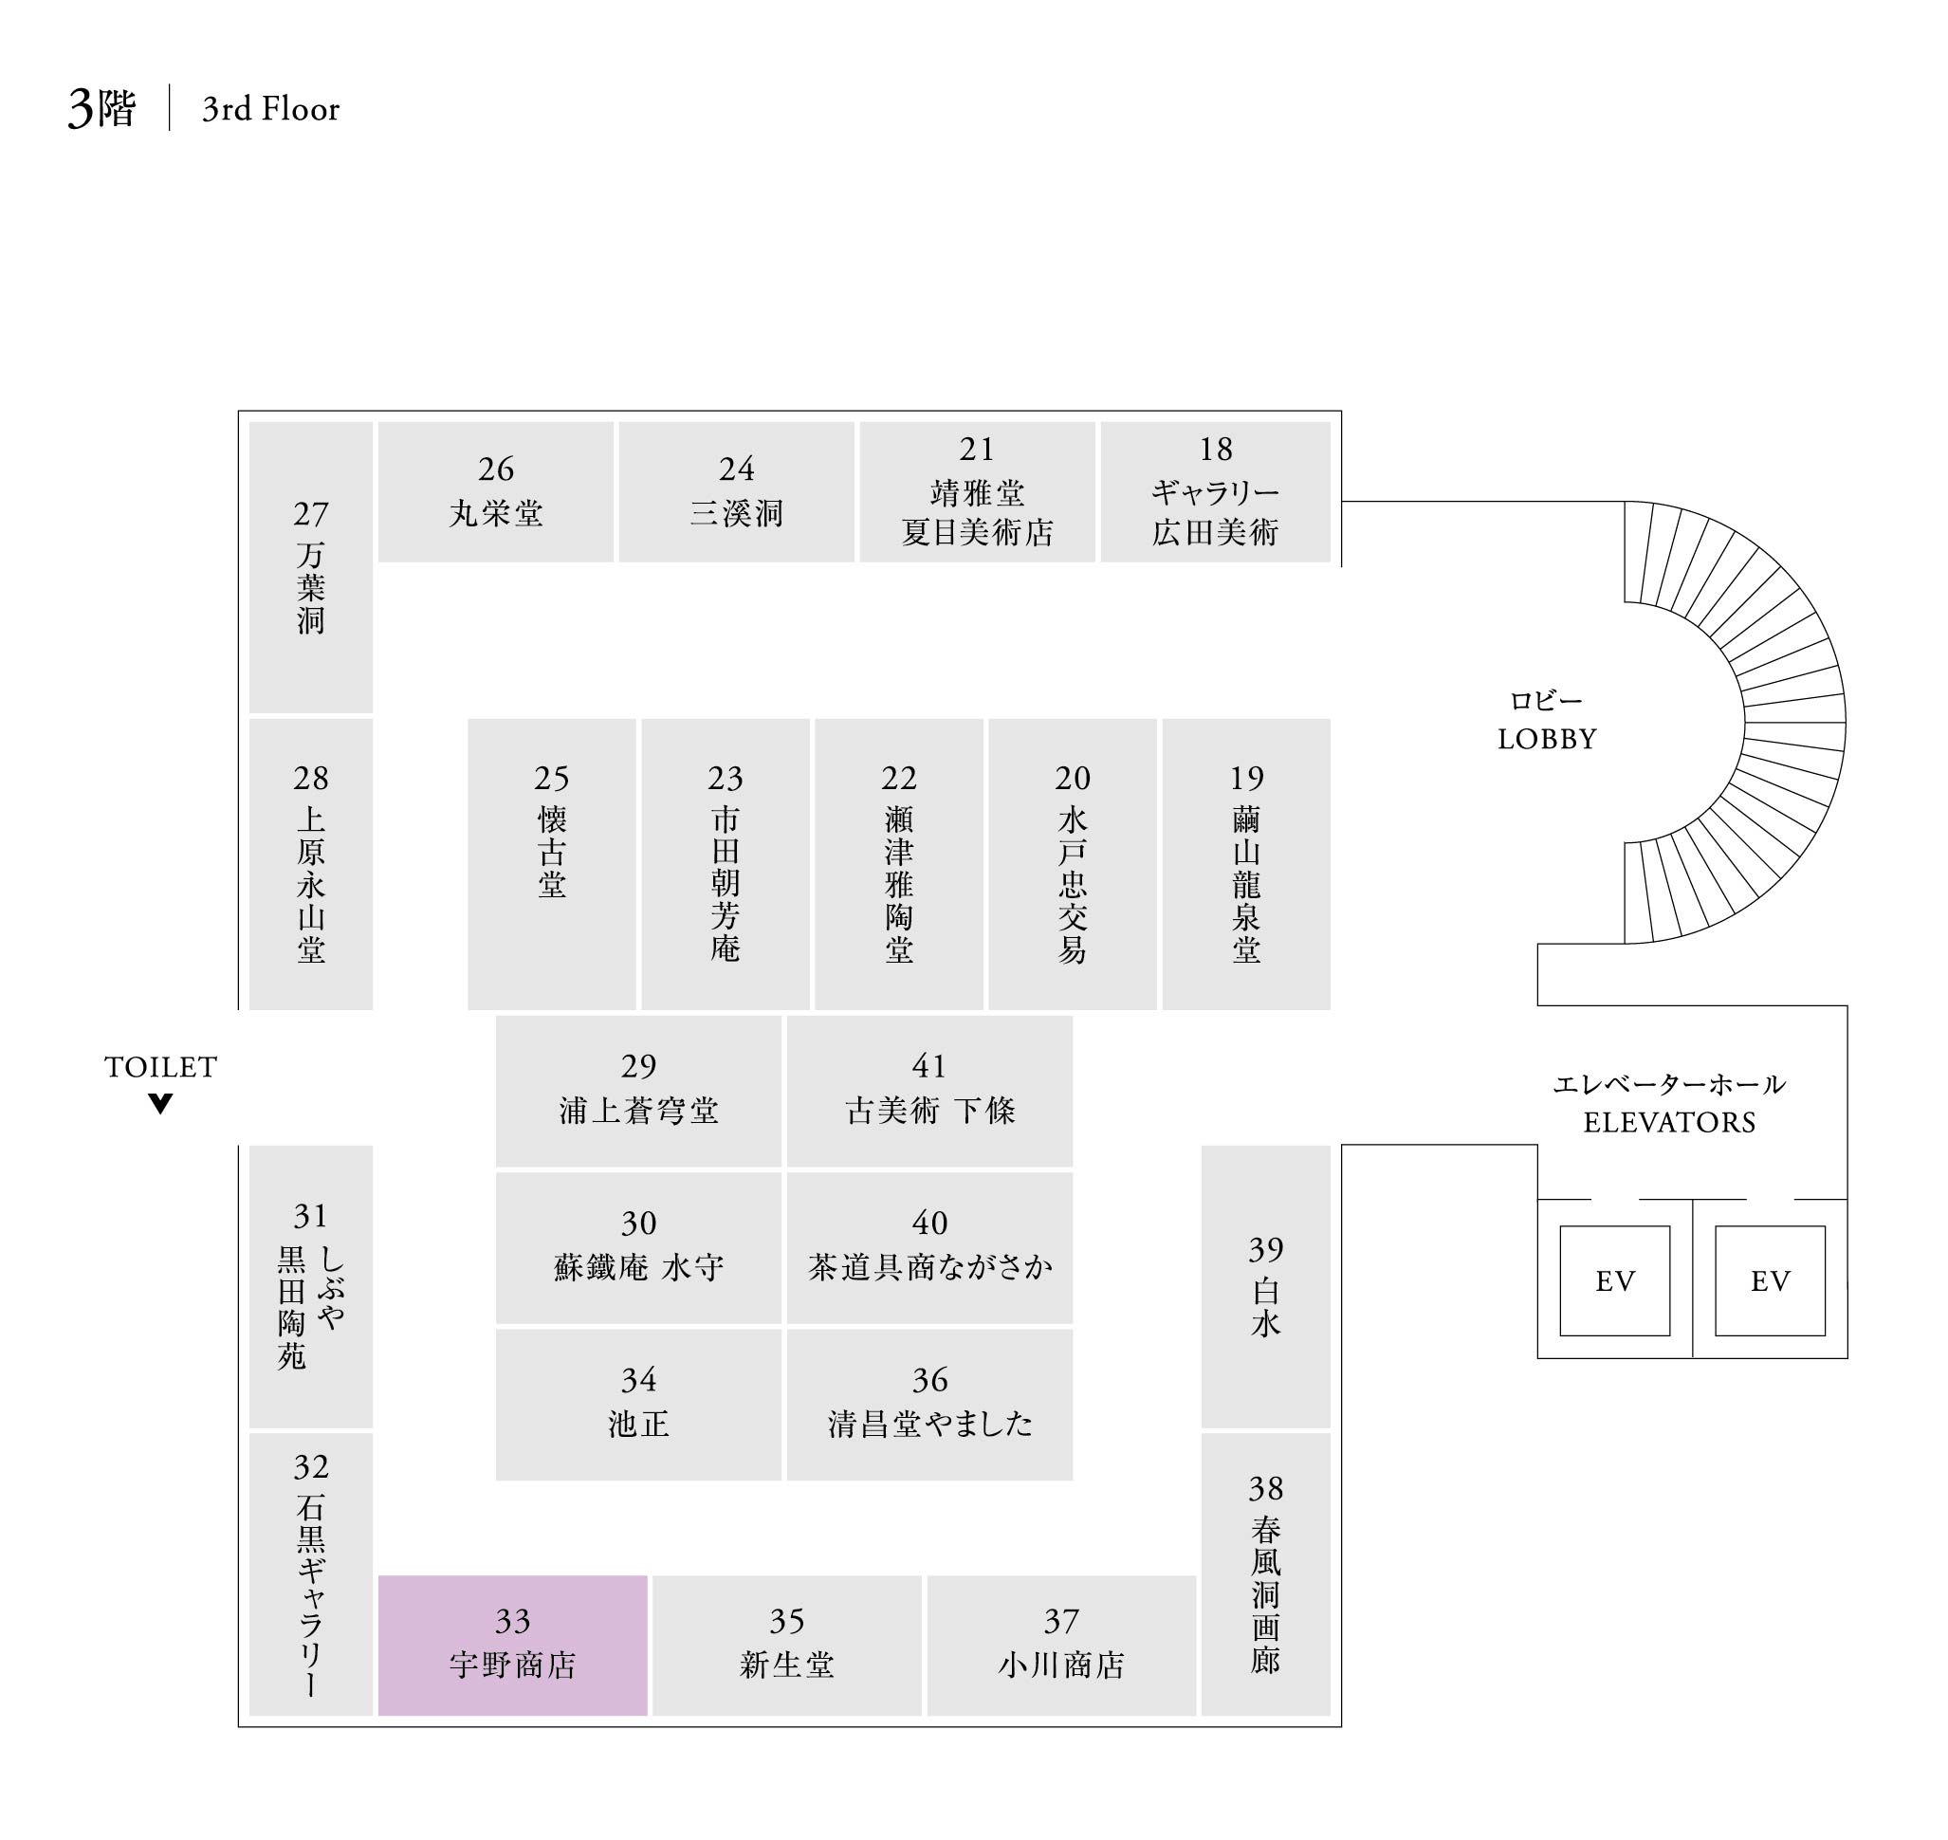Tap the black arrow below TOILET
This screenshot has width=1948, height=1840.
pyautogui.click(x=161, y=1103)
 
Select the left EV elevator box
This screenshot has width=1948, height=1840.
pyautogui.click(x=1614, y=1280)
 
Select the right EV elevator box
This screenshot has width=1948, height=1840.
pyautogui.click(x=1770, y=1280)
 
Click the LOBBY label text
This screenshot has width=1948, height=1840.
pyautogui.click(x=1547, y=739)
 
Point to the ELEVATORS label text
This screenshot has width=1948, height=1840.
pyautogui.click(x=1669, y=1122)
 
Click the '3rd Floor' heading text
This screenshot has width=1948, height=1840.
pyautogui.click(x=270, y=109)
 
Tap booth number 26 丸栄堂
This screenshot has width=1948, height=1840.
pyautogui.click(x=495, y=491)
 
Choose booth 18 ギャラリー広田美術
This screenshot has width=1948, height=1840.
pyautogui.click(x=1215, y=491)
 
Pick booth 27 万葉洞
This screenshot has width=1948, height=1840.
pyautogui.click(x=310, y=567)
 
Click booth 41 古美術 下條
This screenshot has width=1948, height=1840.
pyautogui.click(x=928, y=1091)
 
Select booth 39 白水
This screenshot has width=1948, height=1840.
pyautogui.click(x=1265, y=1286)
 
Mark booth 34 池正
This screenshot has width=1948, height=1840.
pyautogui.click(x=637, y=1404)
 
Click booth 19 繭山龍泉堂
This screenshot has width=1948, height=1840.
pyautogui.click(x=1245, y=863)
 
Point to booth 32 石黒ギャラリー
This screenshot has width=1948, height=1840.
pyautogui.click(x=310, y=1574)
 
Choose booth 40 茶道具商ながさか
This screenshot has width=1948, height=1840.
pyautogui.click(x=928, y=1247)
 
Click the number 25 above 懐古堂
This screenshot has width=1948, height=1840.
pyautogui.click(x=551, y=778)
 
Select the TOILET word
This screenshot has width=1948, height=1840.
pyautogui.click(x=161, y=1067)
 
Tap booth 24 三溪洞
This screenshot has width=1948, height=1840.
pyautogui.click(x=736, y=491)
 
